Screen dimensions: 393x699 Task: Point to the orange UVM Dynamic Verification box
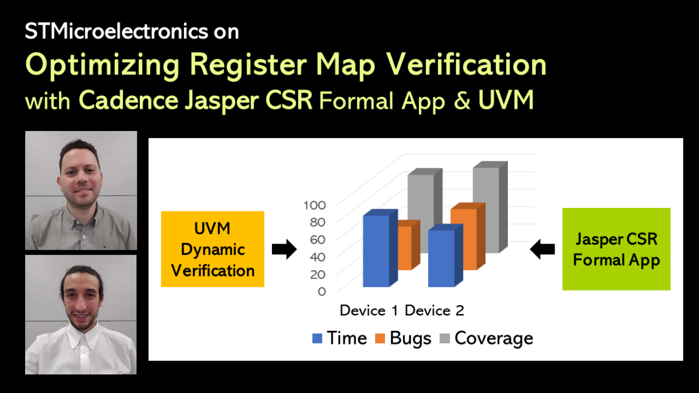[213, 249]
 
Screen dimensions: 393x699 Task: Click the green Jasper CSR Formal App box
[616, 249]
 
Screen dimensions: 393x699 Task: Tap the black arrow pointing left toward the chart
[542, 250]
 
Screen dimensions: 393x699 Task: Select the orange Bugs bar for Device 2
[464, 239]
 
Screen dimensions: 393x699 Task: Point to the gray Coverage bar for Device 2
[486, 210]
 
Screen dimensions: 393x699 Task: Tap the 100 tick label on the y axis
[315, 205]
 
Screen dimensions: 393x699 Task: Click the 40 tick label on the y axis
[318, 256]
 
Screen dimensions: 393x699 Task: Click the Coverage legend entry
[493, 338]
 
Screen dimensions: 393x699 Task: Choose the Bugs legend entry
[410, 338]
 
